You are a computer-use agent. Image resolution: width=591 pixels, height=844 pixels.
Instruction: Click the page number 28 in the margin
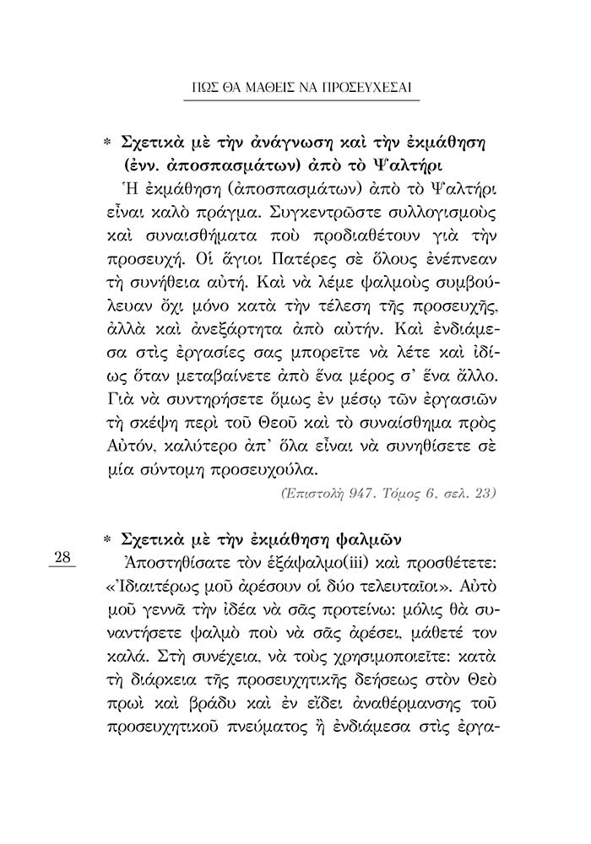point(64,556)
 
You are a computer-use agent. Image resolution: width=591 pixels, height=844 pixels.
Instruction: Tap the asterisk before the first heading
point(106,138)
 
